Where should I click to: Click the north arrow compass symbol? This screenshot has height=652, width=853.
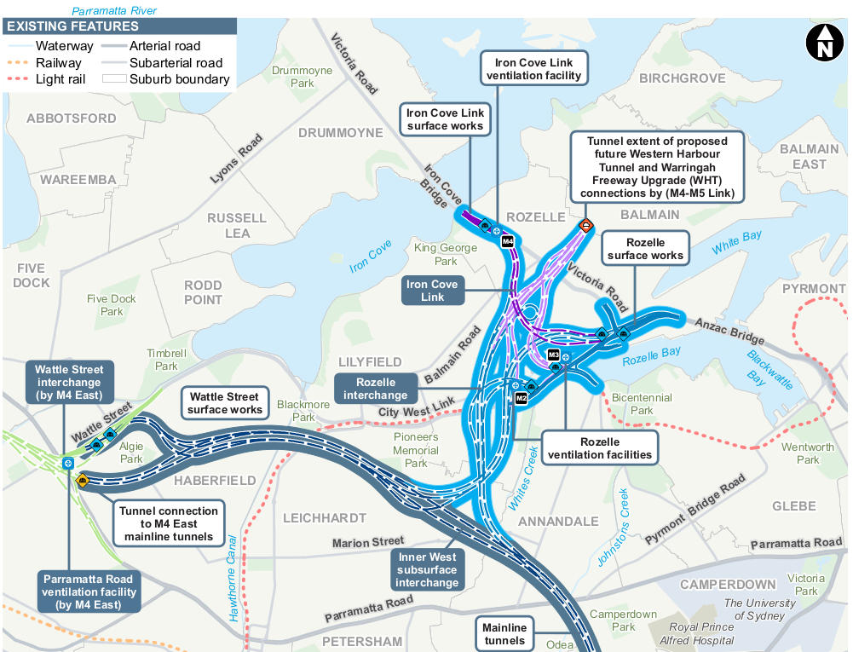[824, 43]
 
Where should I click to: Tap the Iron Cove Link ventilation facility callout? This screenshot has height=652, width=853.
[533, 69]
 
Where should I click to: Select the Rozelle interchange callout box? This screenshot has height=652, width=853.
[376, 389]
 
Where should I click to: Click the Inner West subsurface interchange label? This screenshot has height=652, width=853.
[426, 569]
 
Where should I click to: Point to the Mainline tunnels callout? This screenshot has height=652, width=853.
[504, 634]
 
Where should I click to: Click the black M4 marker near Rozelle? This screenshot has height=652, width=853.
[508, 241]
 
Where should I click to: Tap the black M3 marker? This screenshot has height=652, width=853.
[554, 355]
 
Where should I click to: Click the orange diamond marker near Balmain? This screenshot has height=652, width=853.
[586, 226]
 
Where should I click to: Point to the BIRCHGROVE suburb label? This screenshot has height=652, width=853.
[682, 78]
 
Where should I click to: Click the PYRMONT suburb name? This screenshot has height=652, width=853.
[814, 289]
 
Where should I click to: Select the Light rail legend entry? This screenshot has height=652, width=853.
[59, 79]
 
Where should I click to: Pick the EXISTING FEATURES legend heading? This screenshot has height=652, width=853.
[72, 27]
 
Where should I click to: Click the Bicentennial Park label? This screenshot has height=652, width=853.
[642, 404]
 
